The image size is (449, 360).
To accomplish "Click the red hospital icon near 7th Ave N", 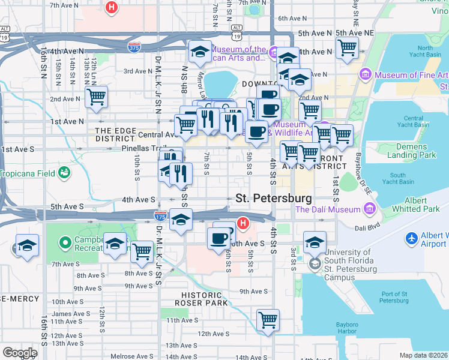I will point(111,8).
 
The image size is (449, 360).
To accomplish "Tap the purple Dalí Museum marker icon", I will point(369,209).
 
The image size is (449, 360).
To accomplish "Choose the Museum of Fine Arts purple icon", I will point(364,75).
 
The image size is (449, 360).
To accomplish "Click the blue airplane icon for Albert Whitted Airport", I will point(412,239).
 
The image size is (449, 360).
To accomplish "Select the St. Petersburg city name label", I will point(274,198).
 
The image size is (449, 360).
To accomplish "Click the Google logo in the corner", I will point(20,353).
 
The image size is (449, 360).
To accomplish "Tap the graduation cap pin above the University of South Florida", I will point(314,242).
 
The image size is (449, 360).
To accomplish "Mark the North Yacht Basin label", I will point(424,52).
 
